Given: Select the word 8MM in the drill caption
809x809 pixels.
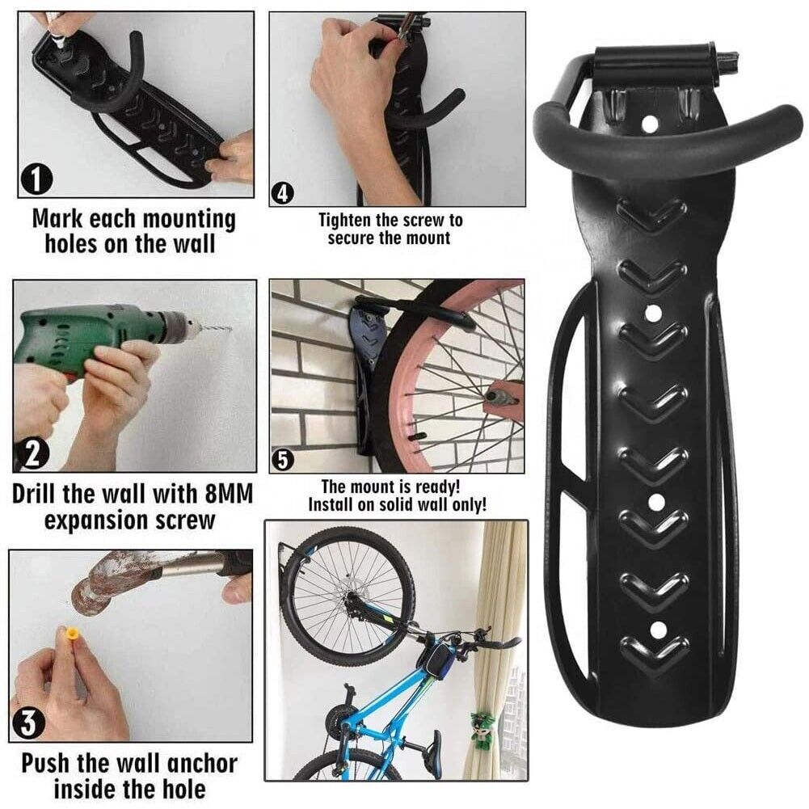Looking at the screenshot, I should coord(217,493).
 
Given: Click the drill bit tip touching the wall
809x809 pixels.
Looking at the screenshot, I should coord(229,328).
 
